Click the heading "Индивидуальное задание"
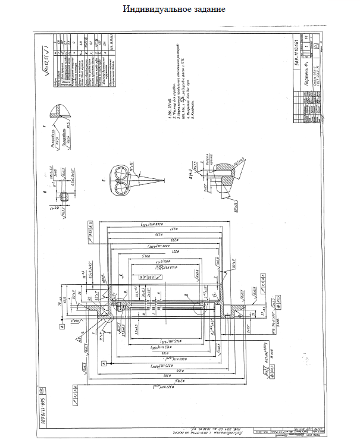pos(174,10)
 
